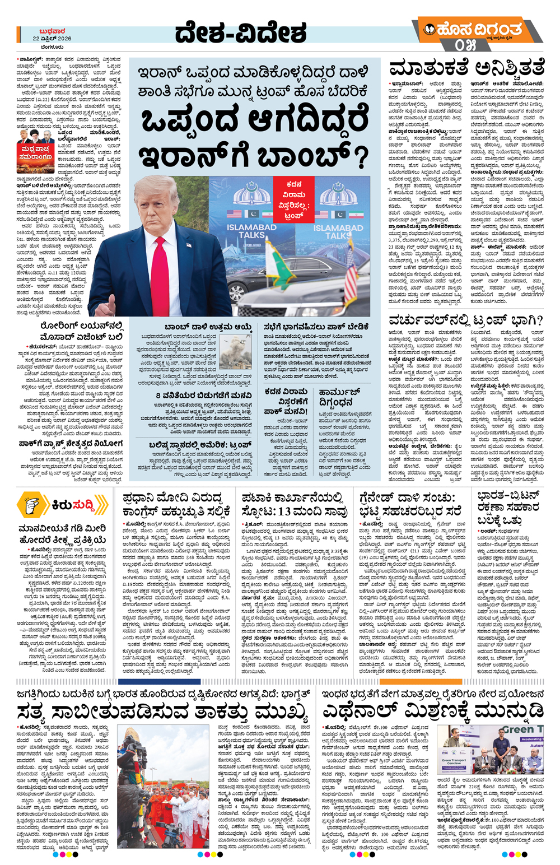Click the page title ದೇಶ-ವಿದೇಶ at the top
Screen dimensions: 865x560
(240, 33)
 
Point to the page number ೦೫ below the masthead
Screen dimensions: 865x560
(465, 45)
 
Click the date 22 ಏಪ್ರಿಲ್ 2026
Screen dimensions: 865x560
(52, 39)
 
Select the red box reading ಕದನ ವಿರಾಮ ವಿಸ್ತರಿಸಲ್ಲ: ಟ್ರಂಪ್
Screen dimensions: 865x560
(294, 199)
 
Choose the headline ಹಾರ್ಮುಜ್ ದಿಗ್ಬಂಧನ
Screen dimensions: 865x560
(339, 397)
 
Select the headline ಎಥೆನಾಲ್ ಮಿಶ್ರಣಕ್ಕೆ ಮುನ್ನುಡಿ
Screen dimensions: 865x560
(433, 711)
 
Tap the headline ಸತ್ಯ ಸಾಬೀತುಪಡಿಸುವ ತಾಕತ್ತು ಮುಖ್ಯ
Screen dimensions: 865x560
(162, 712)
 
